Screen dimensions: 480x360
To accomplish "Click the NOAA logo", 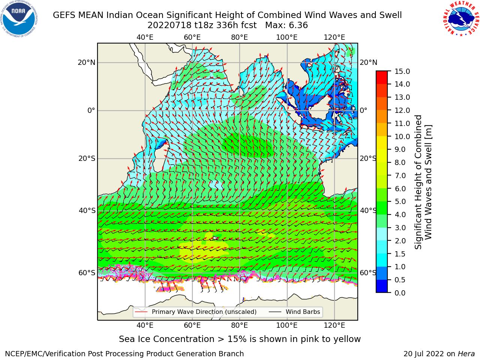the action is (19, 19).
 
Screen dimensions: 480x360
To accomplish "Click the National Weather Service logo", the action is (461, 19).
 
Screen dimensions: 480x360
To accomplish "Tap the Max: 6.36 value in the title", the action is (286, 25).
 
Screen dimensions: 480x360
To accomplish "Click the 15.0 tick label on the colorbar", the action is (402, 71).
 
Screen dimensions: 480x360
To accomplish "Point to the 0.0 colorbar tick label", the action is (400, 293).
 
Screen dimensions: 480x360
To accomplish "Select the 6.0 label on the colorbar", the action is (400, 189).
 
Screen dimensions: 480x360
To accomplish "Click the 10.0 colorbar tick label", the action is (402, 136).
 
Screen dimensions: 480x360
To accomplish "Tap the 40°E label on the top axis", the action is (145, 37).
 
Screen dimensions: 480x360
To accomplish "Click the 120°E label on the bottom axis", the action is (334, 325).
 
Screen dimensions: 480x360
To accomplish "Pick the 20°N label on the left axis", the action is (87, 63).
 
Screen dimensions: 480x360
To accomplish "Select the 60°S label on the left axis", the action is (87, 273).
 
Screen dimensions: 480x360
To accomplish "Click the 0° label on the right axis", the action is (363, 110).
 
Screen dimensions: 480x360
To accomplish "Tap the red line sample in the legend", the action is (141, 312).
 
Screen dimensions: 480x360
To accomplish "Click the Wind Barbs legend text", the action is (303, 312).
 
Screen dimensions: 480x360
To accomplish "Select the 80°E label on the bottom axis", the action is (240, 325).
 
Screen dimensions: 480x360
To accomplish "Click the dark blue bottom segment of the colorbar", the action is (382, 286).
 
